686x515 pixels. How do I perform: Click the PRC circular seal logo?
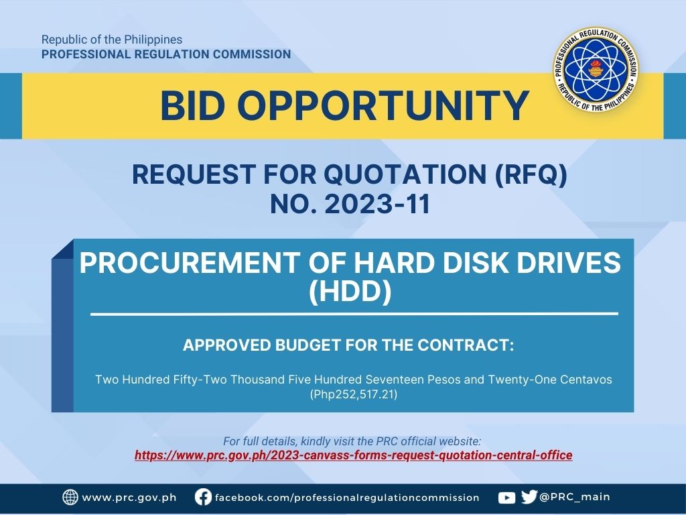[595, 69]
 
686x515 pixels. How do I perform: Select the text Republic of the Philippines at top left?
[112, 40]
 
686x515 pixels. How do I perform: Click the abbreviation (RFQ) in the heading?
[531, 174]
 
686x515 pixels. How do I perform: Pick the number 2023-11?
[378, 204]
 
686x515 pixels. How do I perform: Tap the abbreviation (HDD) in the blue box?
[350, 292]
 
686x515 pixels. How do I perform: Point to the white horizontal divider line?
[354, 314]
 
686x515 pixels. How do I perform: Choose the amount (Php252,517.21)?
[354, 394]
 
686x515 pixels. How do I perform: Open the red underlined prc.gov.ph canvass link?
[354, 455]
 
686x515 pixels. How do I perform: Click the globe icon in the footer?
[70, 497]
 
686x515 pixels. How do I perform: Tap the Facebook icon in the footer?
[203, 497]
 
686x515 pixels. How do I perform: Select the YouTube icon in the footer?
[506, 498]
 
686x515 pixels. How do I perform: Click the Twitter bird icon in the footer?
[529, 497]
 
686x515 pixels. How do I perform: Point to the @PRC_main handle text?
[574, 497]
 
